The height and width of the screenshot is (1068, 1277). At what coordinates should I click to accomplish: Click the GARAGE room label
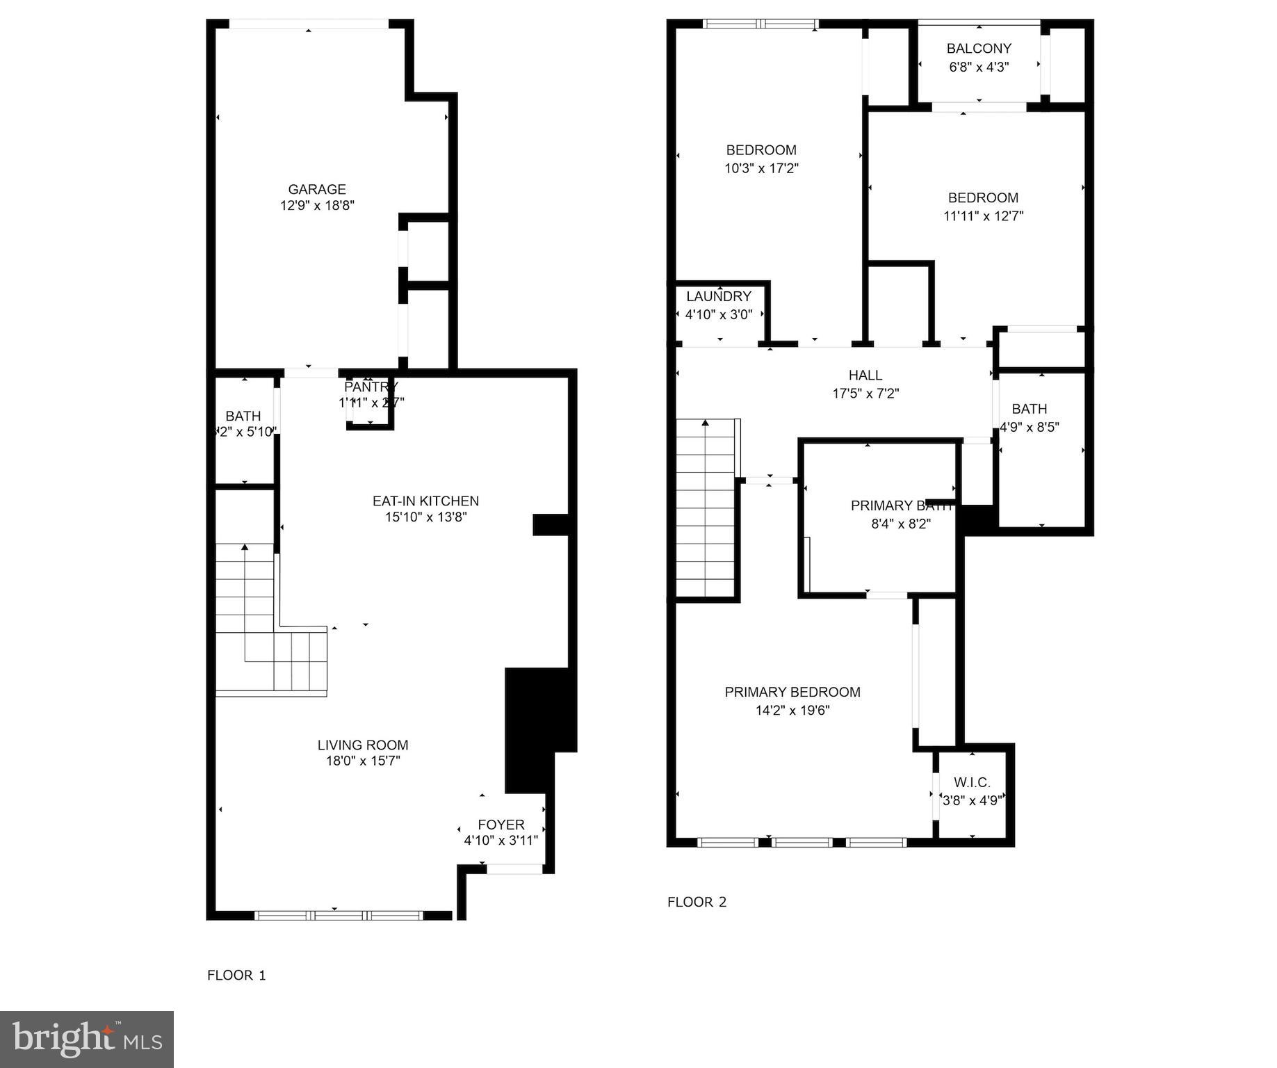point(317,189)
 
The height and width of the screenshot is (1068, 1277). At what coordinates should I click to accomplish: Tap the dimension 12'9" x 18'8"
point(317,206)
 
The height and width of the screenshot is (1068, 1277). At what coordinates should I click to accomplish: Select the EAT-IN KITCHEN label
point(425,501)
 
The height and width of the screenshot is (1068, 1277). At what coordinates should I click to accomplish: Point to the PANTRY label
point(371,387)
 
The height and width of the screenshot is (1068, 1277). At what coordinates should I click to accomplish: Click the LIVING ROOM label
point(363,745)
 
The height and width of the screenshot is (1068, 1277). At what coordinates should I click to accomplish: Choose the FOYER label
point(501,825)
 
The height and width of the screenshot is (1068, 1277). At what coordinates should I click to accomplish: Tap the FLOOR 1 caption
point(236,975)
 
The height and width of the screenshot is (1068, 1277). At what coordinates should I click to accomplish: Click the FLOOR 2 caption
point(697,902)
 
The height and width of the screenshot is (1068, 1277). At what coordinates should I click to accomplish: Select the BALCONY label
point(979,49)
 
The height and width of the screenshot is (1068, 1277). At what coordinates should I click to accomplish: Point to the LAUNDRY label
point(719,296)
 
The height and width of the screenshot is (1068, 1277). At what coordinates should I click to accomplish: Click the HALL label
point(865,375)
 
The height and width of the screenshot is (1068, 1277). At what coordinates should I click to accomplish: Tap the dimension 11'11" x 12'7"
point(983,216)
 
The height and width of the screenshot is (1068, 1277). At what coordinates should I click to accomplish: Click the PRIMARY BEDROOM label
point(792,692)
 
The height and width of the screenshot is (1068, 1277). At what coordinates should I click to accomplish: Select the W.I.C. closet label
point(972,783)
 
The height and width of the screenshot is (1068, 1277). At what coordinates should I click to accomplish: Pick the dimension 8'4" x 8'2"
point(901,524)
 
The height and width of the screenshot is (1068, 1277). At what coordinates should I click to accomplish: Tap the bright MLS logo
point(87,1039)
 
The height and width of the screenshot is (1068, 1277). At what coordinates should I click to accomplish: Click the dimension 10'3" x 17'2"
point(761,168)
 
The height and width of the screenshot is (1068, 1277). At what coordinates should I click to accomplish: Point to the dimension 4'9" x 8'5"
point(1029,427)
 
